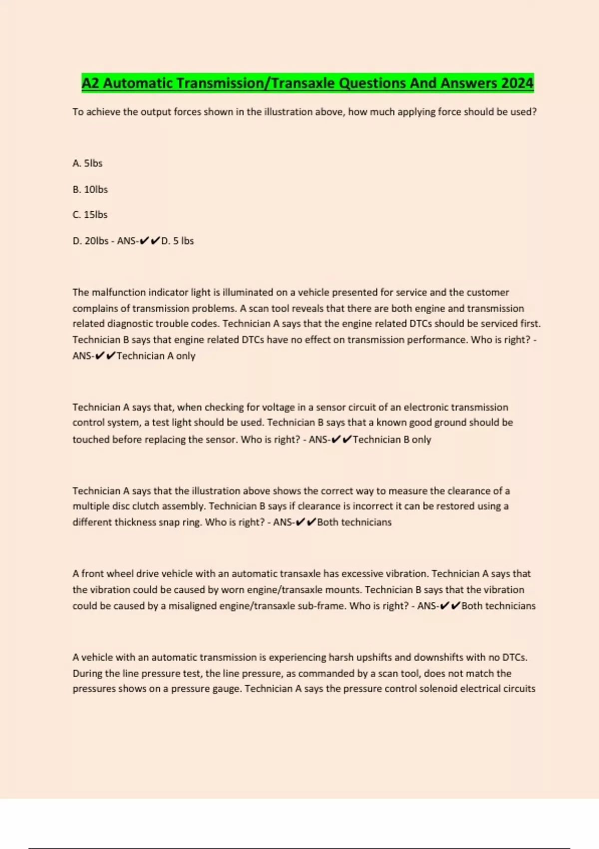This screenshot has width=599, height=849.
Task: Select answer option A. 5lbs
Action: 87,163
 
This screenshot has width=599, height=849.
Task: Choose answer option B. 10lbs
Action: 90,189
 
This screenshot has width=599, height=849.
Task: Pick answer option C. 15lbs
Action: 90,215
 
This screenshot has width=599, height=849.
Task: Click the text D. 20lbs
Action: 90,241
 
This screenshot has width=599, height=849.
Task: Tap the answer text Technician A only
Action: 156,356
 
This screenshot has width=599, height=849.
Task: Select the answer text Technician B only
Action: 392,439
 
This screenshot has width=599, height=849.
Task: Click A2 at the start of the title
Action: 90,83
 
